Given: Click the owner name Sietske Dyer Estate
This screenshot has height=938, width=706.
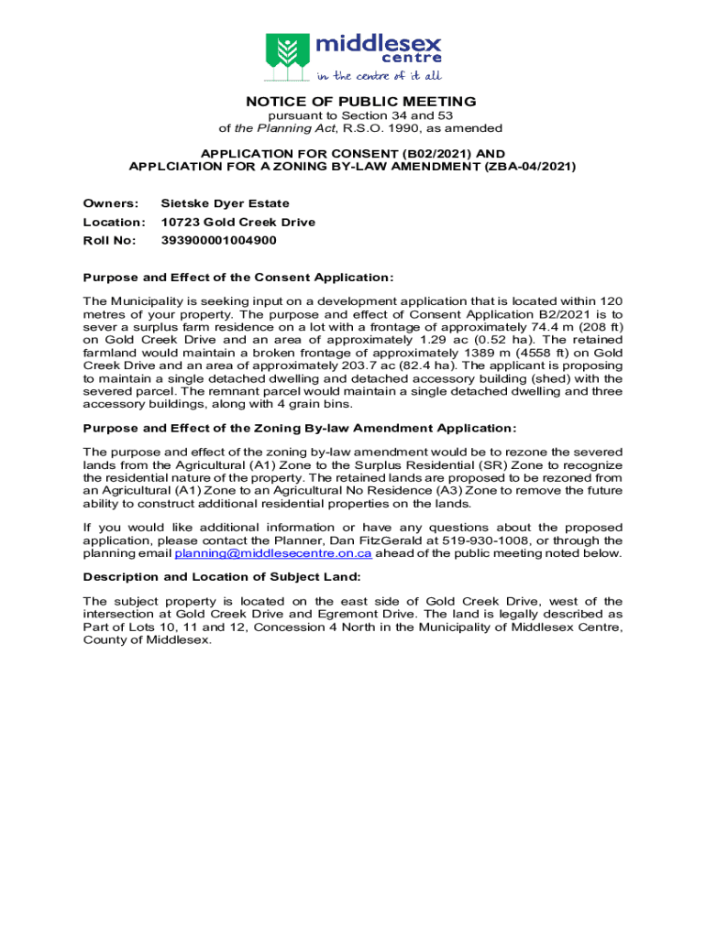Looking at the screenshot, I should click(x=225, y=203).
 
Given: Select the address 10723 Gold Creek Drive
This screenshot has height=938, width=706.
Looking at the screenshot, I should click(x=237, y=222).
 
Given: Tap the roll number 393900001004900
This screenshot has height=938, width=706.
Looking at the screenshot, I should click(x=218, y=240).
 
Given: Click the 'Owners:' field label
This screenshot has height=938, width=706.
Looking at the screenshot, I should click(x=110, y=203).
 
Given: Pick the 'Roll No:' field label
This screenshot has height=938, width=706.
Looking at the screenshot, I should click(x=109, y=240).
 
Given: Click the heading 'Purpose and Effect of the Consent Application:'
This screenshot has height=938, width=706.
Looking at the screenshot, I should click(x=238, y=278).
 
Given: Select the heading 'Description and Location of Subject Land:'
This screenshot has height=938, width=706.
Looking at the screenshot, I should click(x=222, y=577).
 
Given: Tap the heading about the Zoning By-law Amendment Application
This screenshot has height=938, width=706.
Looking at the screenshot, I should click(x=300, y=428).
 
